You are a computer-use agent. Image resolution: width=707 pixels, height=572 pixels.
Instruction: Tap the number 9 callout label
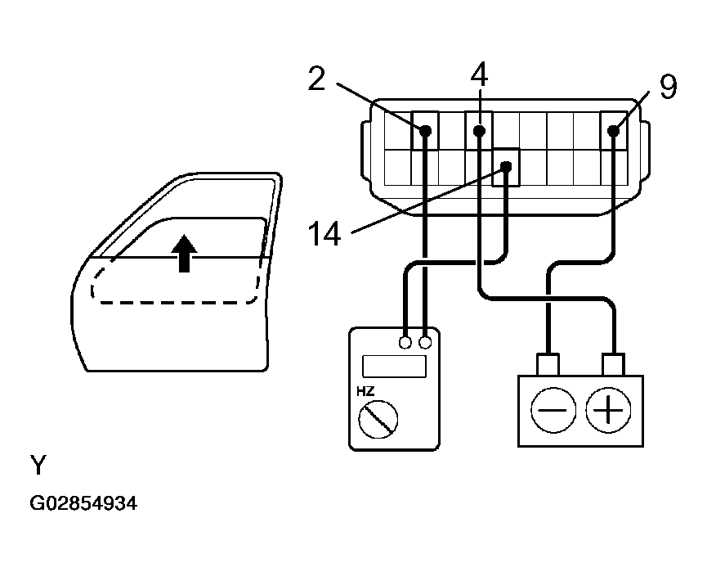click(668, 87)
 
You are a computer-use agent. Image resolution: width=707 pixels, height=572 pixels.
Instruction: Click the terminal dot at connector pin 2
click(426, 131)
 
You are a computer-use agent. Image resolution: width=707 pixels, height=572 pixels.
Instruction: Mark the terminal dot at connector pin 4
click(480, 131)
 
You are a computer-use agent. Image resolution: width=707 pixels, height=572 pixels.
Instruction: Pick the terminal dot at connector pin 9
click(613, 130)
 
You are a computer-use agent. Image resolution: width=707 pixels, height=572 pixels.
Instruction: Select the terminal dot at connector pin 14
click(507, 167)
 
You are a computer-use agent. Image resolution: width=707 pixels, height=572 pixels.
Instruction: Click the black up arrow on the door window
click(186, 253)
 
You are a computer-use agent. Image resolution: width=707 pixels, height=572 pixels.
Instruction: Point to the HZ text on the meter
click(365, 391)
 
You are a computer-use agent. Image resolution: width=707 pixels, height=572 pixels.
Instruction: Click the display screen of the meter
click(394, 367)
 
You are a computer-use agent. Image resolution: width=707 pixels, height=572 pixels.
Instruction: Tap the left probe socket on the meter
click(405, 343)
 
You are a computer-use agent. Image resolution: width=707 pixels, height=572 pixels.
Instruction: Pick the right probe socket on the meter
click(425, 343)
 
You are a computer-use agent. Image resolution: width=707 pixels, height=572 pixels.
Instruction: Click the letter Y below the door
click(38, 466)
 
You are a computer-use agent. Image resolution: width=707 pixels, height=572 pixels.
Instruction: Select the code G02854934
click(83, 504)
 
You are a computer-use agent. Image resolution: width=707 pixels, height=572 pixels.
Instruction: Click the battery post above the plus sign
click(613, 363)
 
